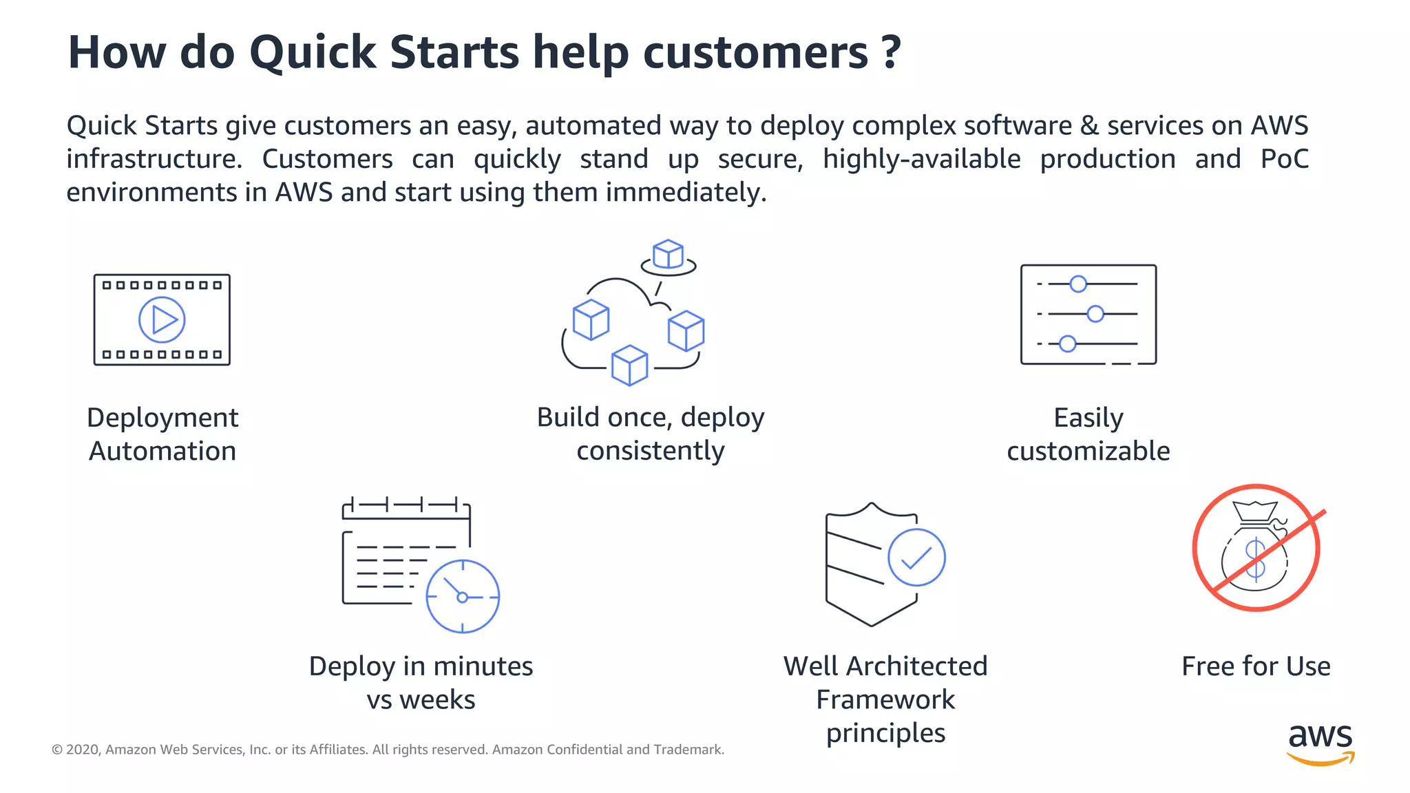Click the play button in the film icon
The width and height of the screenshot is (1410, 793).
coord(162,319)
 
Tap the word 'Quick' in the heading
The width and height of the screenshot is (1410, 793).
coord(313,52)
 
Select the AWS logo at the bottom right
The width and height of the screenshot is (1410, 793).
coord(1320,743)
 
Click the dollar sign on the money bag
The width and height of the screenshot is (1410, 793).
coord(1255,558)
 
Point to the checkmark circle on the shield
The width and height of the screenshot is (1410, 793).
coord(916,558)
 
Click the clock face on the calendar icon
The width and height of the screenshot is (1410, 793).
coord(463,596)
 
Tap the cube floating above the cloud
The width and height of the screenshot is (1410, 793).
coord(668,255)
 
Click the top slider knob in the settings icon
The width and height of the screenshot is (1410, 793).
coord(1078,284)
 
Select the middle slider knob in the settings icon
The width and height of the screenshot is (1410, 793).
coord(1095,314)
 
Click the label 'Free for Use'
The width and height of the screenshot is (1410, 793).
coord(1256,666)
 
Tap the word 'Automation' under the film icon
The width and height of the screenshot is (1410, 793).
coord(162,452)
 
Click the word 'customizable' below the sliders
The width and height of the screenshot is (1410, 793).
coord(1088,452)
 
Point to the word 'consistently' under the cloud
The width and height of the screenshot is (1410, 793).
coord(650,452)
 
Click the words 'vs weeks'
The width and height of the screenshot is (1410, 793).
coord(421,700)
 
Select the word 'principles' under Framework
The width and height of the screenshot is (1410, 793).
coord(885,734)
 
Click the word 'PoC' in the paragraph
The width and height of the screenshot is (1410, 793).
coord(1284,159)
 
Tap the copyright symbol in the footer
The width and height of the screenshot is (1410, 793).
coord(57,750)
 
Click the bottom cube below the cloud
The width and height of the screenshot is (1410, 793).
coord(629,365)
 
